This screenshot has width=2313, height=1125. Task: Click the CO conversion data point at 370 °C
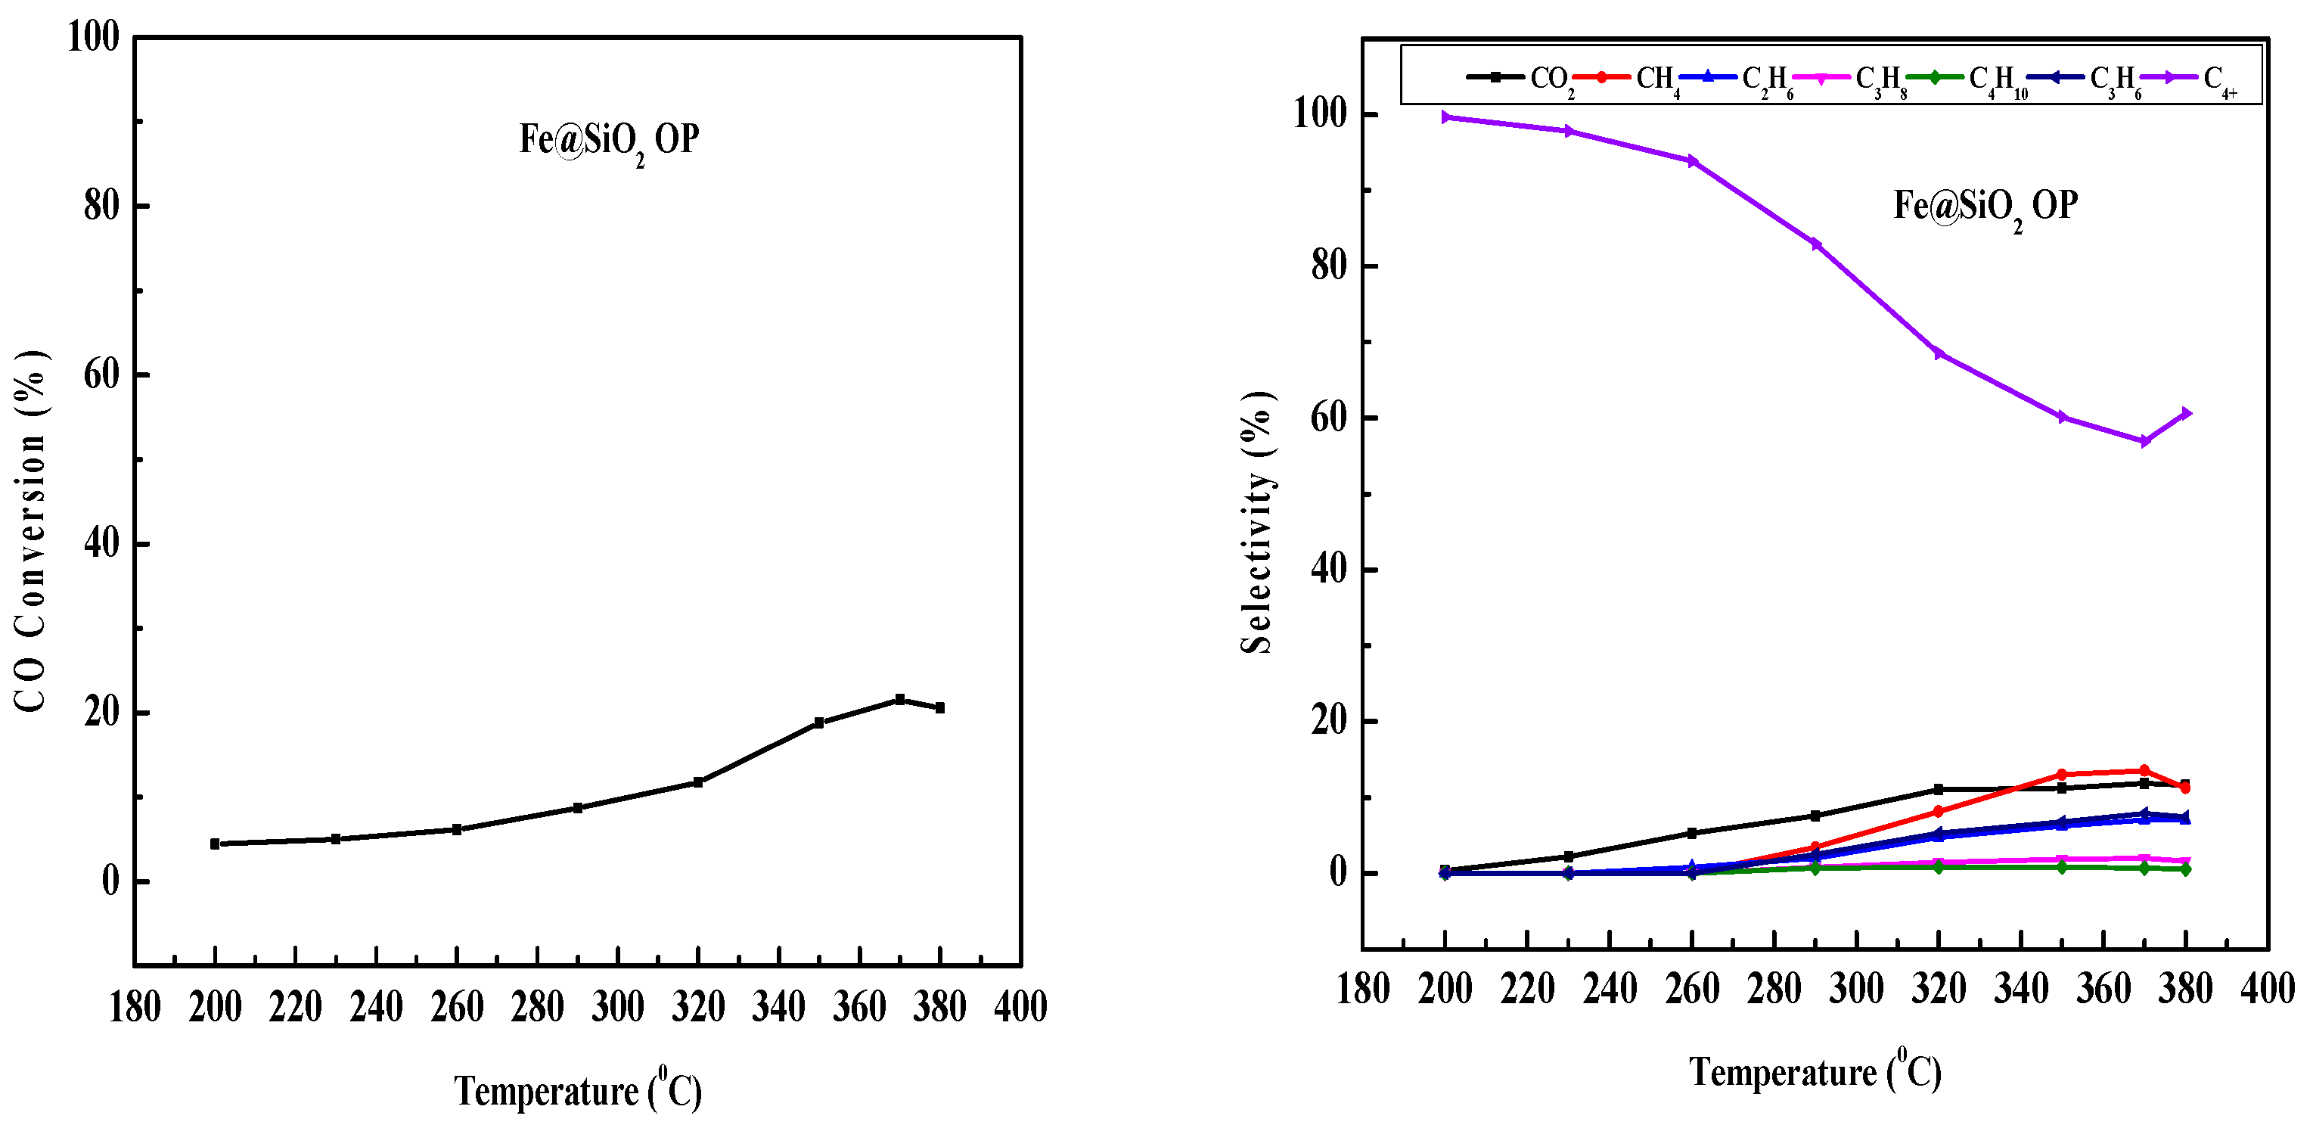click(x=899, y=698)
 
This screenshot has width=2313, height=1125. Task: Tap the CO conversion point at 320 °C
click(x=699, y=782)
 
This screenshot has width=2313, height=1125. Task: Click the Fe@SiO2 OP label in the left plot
click(x=609, y=141)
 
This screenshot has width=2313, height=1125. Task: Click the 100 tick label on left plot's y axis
click(x=93, y=38)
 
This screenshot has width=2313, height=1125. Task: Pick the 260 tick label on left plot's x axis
click(x=457, y=1006)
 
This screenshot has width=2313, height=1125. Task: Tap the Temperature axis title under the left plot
click(x=577, y=1090)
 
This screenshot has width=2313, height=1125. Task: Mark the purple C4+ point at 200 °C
click(x=1445, y=117)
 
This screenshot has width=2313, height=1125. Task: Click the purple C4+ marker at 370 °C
click(x=2144, y=441)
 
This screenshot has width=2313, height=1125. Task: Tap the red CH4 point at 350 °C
click(x=2062, y=774)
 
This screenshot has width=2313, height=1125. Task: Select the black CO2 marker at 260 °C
click(x=1693, y=832)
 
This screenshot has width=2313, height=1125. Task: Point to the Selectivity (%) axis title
click(x=1257, y=523)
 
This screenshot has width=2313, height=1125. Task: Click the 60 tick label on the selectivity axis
click(x=1329, y=418)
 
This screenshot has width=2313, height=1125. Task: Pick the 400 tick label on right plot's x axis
click(x=2267, y=989)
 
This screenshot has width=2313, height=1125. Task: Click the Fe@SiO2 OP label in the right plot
click(x=1985, y=207)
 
